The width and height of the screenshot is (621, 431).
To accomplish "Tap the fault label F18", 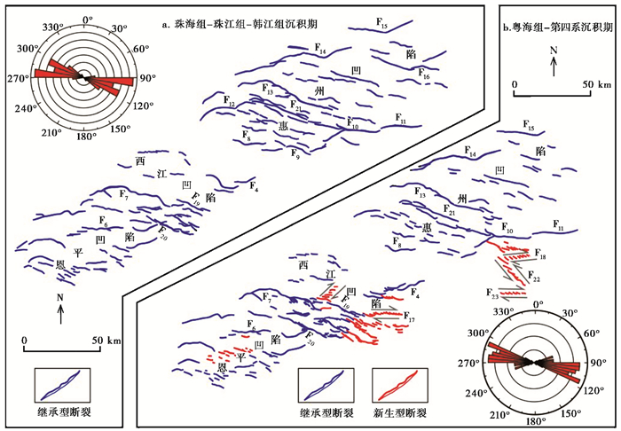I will [541, 256].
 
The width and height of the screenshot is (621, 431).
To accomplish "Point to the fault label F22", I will [535, 279].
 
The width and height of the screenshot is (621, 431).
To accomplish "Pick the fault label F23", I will [492, 292].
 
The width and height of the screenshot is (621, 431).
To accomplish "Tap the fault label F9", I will [295, 153].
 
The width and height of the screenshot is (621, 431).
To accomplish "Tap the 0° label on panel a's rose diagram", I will [86, 18].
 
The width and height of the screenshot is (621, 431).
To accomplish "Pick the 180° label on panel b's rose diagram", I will [532, 423].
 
